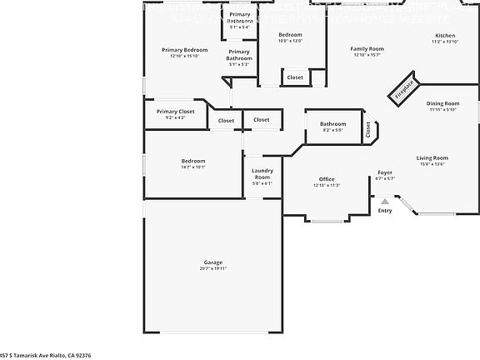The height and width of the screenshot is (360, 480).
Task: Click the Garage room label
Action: click(212, 262)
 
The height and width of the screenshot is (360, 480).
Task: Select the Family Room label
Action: click(367, 49)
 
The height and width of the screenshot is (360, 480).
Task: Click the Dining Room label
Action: click(442, 103)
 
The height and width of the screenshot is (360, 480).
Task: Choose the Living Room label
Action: click(432, 157)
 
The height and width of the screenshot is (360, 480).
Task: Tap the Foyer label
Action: click(385, 172)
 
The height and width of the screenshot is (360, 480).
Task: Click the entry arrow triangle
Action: click(384, 201)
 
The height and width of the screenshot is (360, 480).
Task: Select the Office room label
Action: click(326, 179)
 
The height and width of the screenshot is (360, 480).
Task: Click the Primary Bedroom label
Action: click(184, 50)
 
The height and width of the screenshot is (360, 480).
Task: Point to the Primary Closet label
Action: click(175, 111)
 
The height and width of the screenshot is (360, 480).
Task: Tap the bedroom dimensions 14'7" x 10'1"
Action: click(193, 167)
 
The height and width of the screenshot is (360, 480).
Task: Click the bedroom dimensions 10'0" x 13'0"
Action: click(290, 40)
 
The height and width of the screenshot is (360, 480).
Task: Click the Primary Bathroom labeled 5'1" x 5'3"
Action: click(239, 64)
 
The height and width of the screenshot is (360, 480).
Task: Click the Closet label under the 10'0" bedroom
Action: click(295, 77)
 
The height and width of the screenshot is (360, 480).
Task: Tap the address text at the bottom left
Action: click(46, 355)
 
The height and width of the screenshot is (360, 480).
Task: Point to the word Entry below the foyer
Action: click(384, 211)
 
